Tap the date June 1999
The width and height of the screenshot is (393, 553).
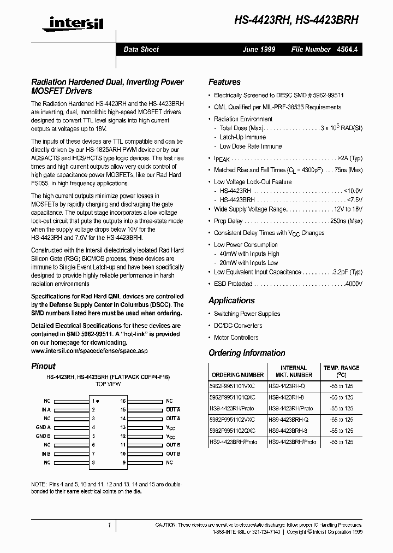[x=259, y=49]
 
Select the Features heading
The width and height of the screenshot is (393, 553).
[x=224, y=82]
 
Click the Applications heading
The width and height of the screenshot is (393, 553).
[x=231, y=301]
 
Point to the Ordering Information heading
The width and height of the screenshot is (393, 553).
[x=247, y=353]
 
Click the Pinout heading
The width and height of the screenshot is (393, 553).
[x=43, y=366]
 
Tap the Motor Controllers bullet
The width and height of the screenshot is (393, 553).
[x=236, y=338]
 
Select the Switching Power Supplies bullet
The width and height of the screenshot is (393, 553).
[x=247, y=314]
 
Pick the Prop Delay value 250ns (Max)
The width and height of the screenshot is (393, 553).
[x=343, y=221]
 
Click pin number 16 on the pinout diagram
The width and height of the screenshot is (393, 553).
[x=123, y=401]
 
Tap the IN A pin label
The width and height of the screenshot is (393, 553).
[x=46, y=409]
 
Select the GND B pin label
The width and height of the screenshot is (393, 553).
[x=43, y=436]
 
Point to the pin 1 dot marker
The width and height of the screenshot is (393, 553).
[x=98, y=401]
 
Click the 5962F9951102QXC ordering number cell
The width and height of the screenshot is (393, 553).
[x=236, y=431]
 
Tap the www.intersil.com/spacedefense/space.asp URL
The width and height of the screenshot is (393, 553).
[x=89, y=350]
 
